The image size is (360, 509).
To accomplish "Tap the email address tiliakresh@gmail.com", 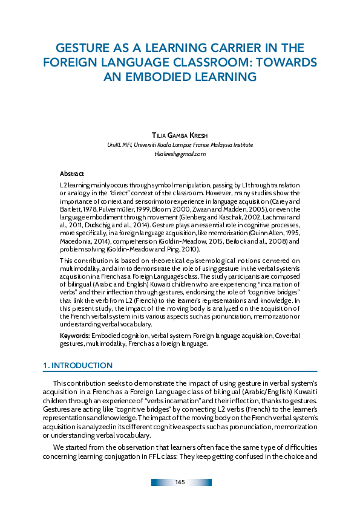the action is click(180, 154).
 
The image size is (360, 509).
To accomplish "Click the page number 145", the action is click(180, 482).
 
